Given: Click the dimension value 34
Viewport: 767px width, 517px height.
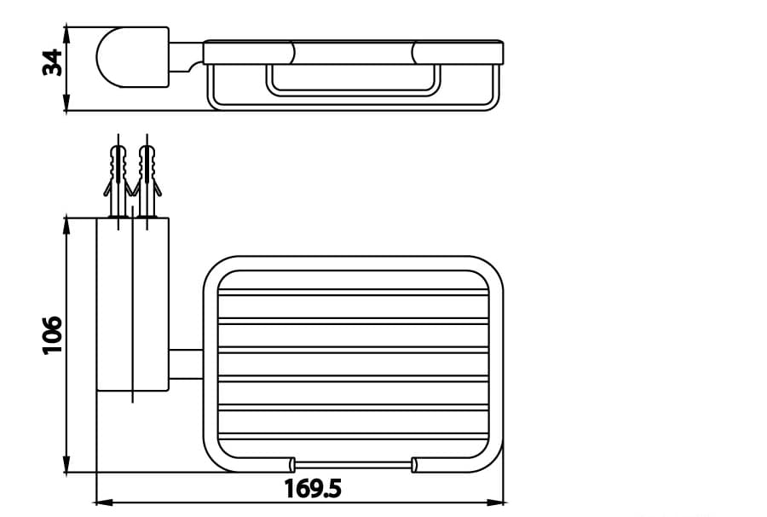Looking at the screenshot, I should tap(53, 62).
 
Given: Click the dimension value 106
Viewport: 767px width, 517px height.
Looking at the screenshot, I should tap(53, 334).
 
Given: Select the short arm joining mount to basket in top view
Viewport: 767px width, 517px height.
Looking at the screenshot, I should tap(186, 364).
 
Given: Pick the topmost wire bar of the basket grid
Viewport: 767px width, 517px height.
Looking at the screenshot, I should tap(354, 293).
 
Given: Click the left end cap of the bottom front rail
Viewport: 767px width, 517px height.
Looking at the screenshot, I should tap(291, 465).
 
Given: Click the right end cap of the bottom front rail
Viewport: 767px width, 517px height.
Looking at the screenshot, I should tap(415, 465).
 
